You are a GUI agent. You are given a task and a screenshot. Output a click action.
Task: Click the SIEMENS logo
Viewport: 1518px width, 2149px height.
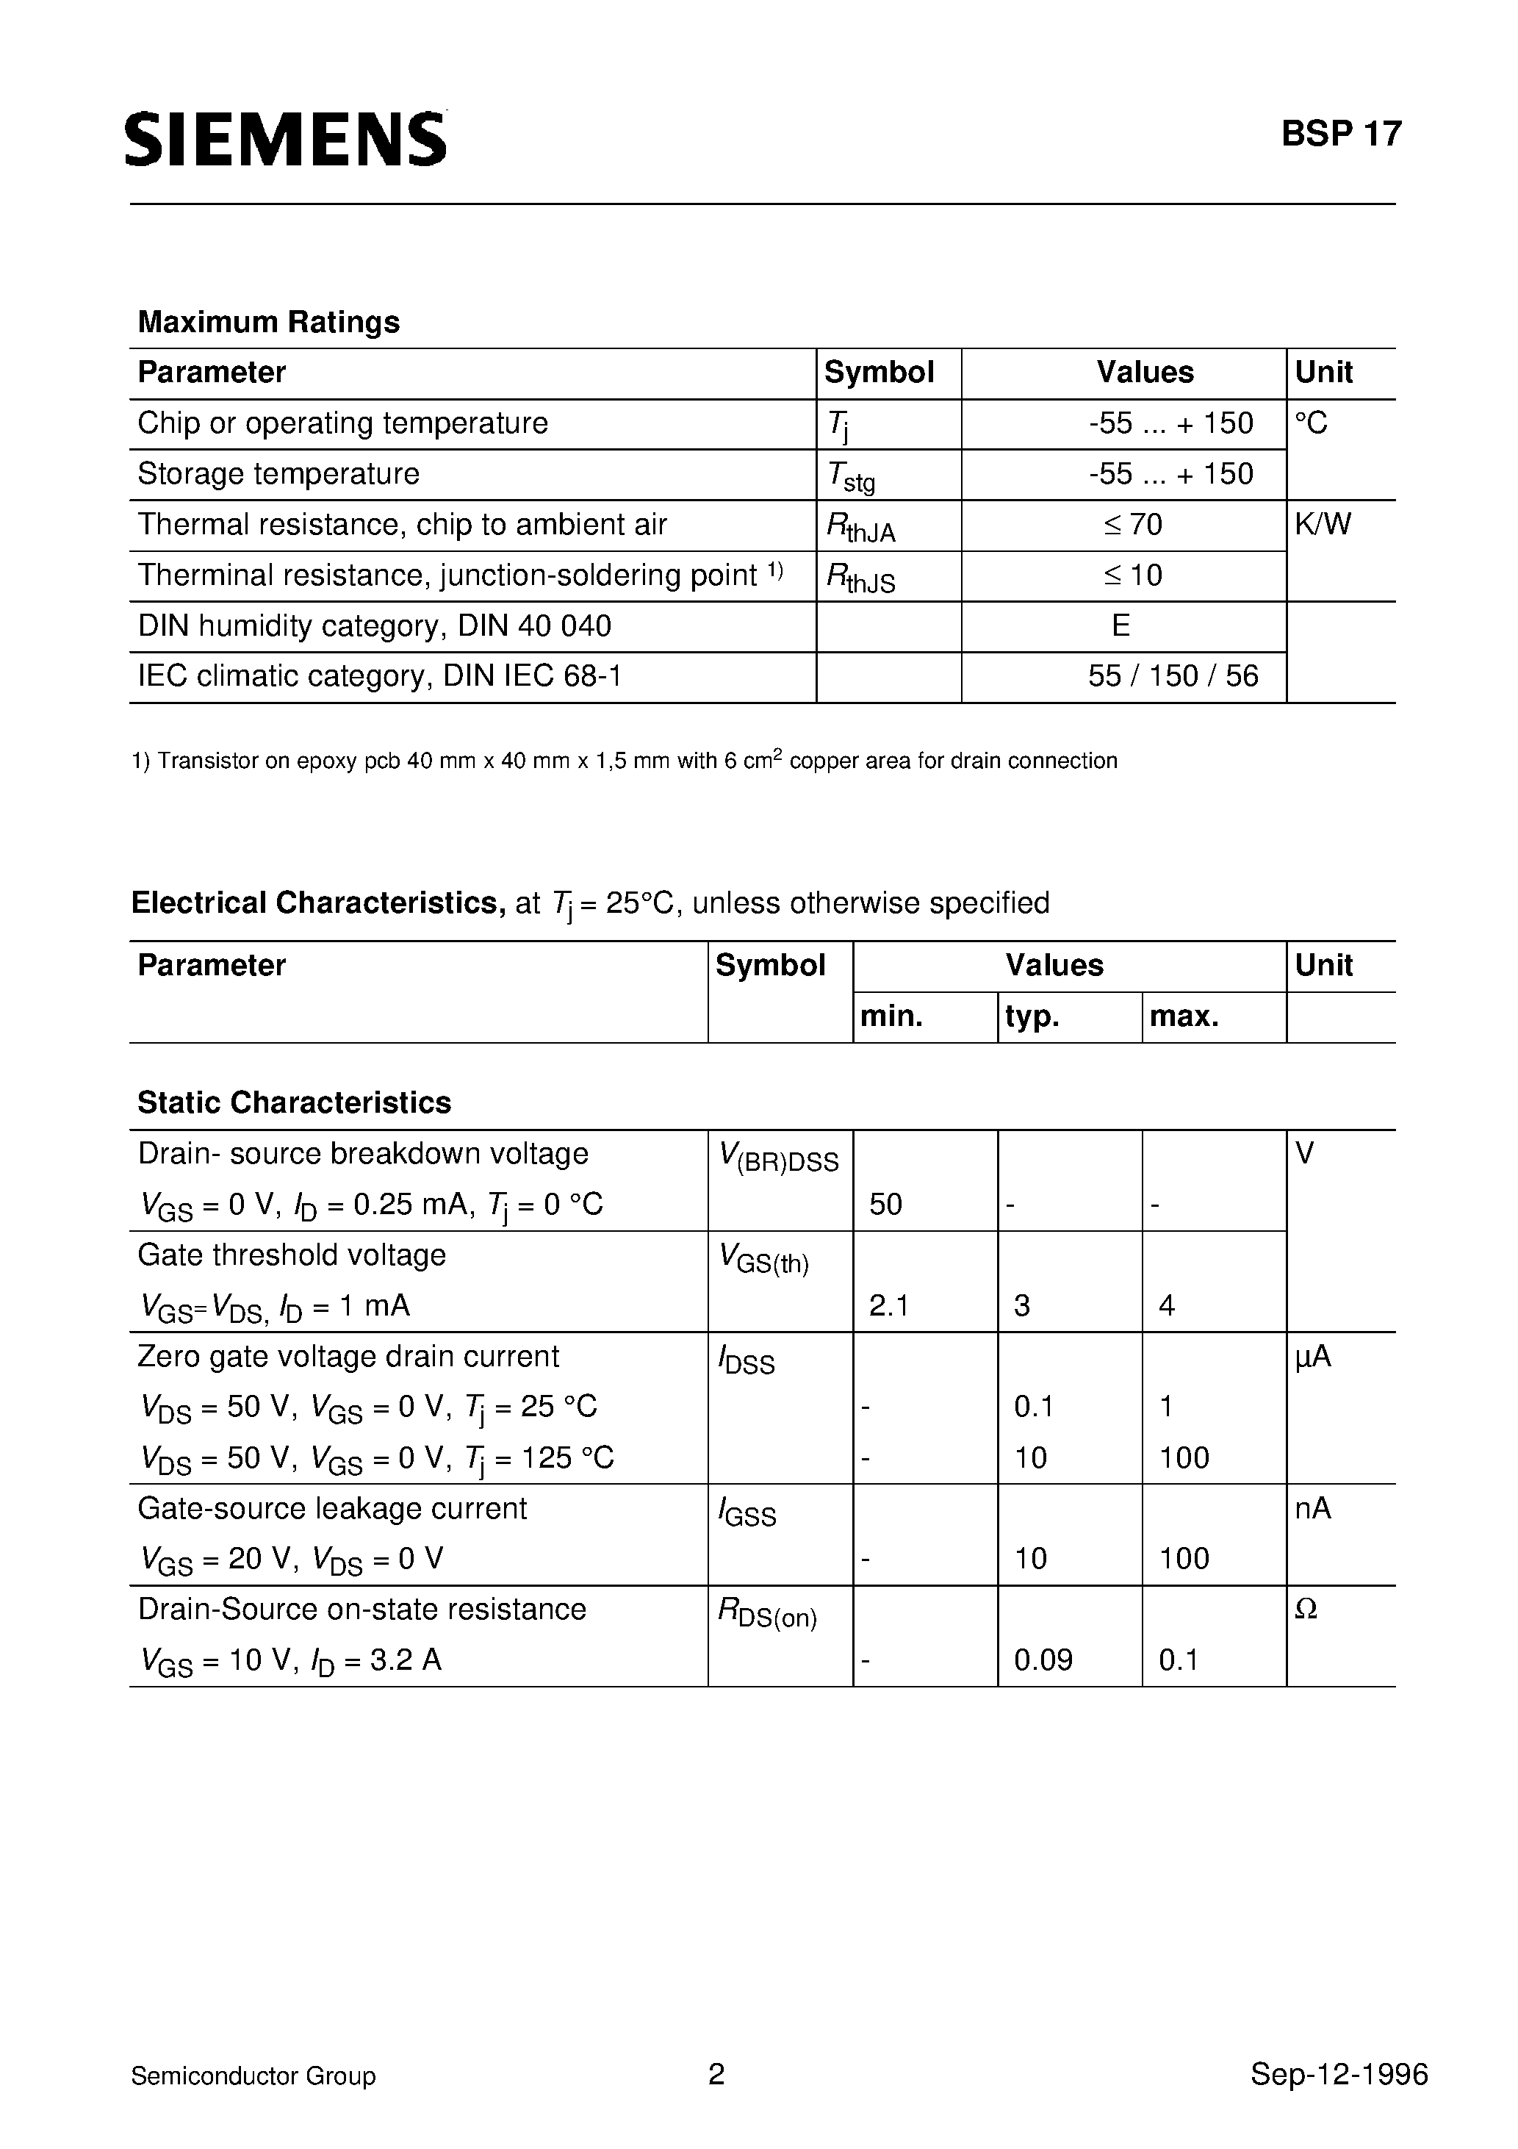pyautogui.click(x=285, y=140)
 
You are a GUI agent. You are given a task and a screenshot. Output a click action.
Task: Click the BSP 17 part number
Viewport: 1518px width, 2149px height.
pyautogui.click(x=1340, y=134)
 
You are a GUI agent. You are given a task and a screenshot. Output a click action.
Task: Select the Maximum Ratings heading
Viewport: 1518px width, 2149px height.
pyautogui.click(x=269, y=322)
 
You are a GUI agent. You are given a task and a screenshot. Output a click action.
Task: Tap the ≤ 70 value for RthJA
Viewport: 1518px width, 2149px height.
pyautogui.click(x=1132, y=525)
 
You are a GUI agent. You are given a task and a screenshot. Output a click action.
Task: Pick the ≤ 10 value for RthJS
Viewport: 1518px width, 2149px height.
pyautogui.click(x=1132, y=575)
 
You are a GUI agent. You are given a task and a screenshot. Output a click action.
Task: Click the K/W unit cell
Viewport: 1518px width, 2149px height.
pyautogui.click(x=1323, y=525)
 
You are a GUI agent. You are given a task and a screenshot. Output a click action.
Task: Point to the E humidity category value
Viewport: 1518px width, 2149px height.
pyautogui.click(x=1120, y=626)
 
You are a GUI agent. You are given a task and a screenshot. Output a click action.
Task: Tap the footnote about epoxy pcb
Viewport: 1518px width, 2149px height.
pyautogui.click(x=625, y=761)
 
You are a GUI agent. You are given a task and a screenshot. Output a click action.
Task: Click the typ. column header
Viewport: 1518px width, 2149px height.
pyautogui.click(x=1032, y=1016)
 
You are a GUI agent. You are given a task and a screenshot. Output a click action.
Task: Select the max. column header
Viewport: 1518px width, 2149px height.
pyautogui.click(x=1184, y=1016)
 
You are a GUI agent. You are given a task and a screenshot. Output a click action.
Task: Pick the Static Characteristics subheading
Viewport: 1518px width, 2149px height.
pyautogui.click(x=294, y=1102)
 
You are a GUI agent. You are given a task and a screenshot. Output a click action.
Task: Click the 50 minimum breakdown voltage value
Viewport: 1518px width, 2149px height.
pyautogui.click(x=885, y=1205)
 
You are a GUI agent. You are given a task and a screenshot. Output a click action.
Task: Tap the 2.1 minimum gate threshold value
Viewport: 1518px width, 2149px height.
pyautogui.click(x=888, y=1306)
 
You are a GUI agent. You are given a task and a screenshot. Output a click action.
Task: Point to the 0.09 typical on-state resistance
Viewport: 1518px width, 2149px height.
pyautogui.click(x=1043, y=1660)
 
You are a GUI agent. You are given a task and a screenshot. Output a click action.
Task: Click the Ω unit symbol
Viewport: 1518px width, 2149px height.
pyautogui.click(x=1306, y=1610)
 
